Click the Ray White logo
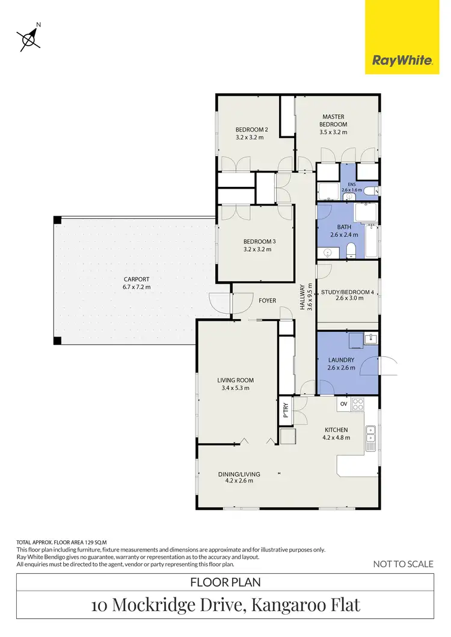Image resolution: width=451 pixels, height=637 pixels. [402, 60]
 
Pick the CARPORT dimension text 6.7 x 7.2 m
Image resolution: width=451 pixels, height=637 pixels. [137, 287]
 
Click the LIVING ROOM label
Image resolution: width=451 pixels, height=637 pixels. [235, 383]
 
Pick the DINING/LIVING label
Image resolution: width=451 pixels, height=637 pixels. [239, 477]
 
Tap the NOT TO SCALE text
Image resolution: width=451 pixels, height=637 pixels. [403, 564]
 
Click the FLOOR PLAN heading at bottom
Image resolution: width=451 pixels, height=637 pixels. [225, 582]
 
